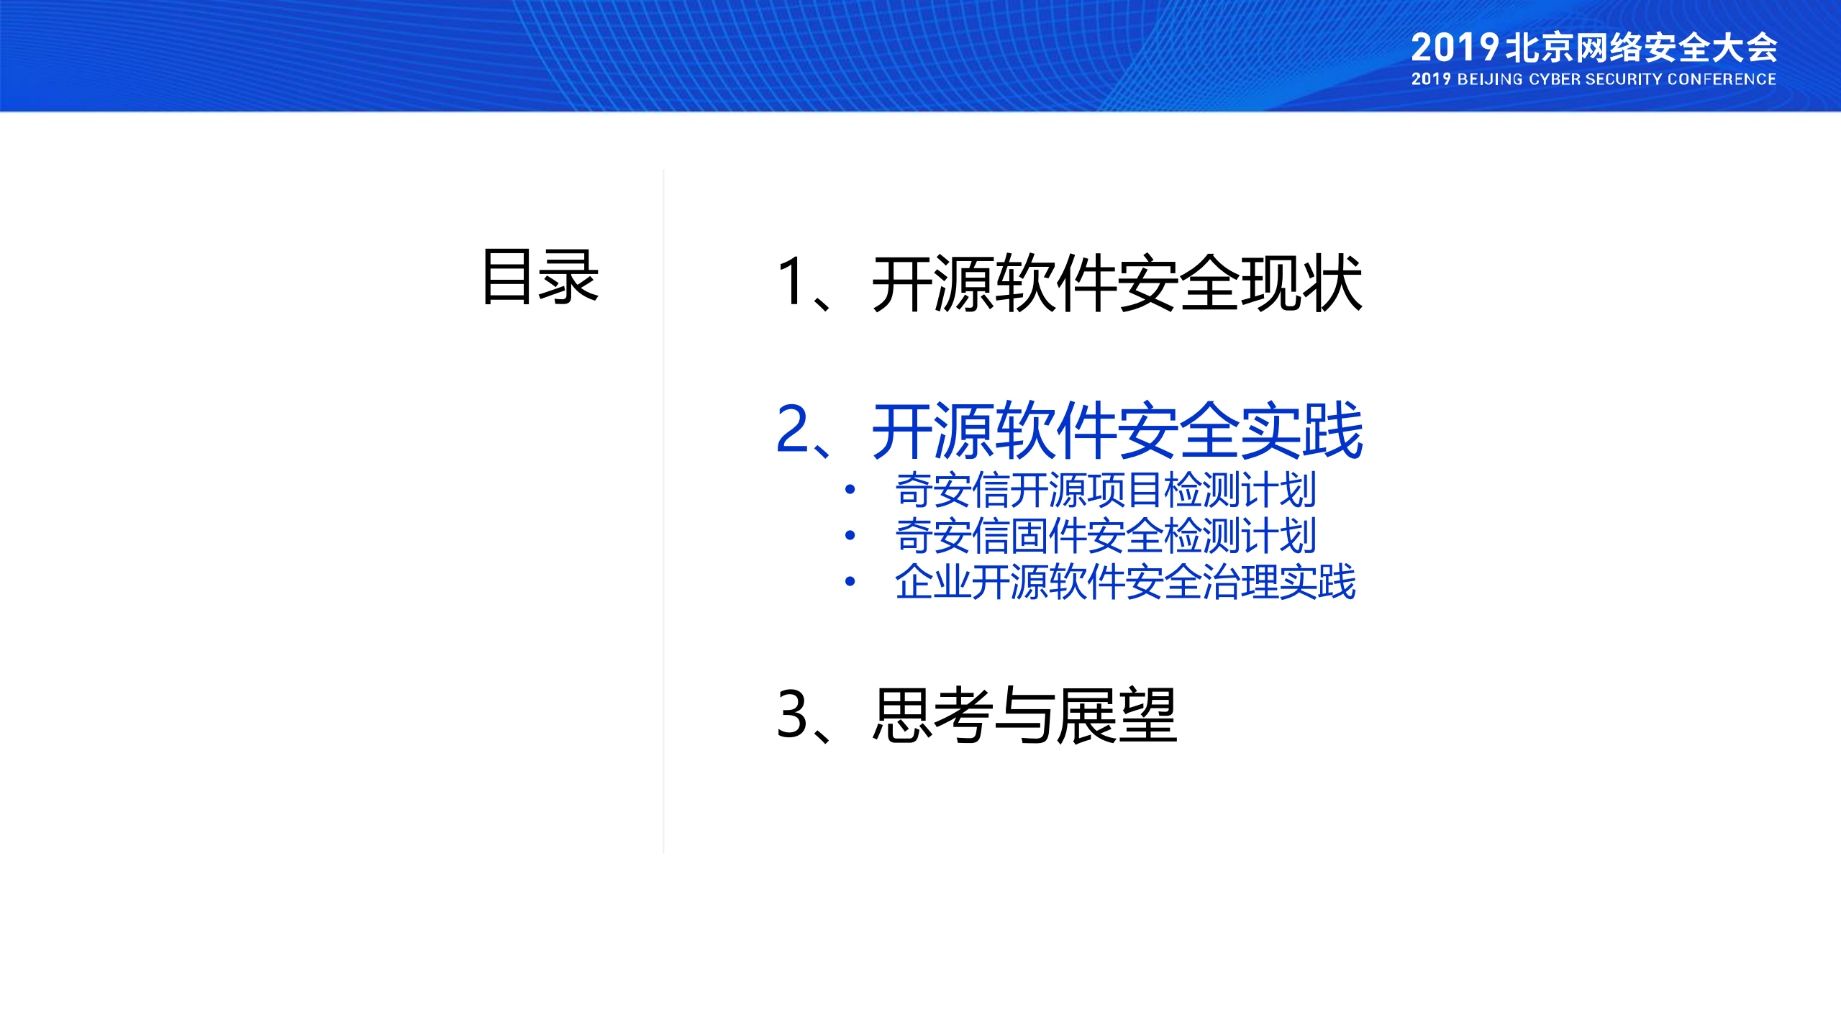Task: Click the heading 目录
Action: (x=540, y=277)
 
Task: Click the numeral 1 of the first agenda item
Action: (x=792, y=282)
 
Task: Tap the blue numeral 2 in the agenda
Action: (x=794, y=429)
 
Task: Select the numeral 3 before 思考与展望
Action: (x=793, y=714)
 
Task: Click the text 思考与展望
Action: (x=1024, y=714)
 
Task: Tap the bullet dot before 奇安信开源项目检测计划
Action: (x=850, y=490)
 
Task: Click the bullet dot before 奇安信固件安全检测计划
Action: (x=850, y=536)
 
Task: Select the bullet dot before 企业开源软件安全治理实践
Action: (x=850, y=581)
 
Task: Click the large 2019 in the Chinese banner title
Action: (x=1454, y=48)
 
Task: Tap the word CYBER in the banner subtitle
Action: (x=1553, y=79)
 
